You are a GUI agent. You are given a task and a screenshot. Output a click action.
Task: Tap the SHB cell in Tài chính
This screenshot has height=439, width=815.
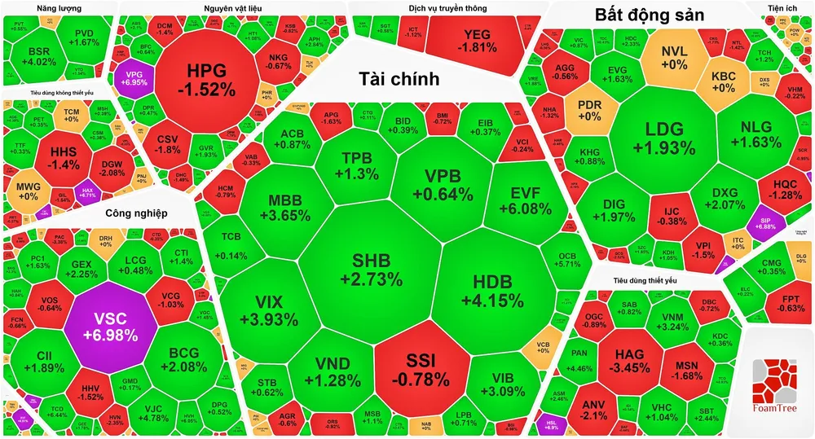pyautogui.click(x=372, y=270)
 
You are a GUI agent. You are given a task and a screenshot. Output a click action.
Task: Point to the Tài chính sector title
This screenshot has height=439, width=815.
pyautogui.click(x=399, y=79)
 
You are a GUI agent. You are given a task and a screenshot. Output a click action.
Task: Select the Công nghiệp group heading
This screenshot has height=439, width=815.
pyautogui.click(x=136, y=213)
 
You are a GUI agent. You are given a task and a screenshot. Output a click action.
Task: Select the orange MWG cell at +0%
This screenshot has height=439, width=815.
pyautogui.click(x=28, y=190)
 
